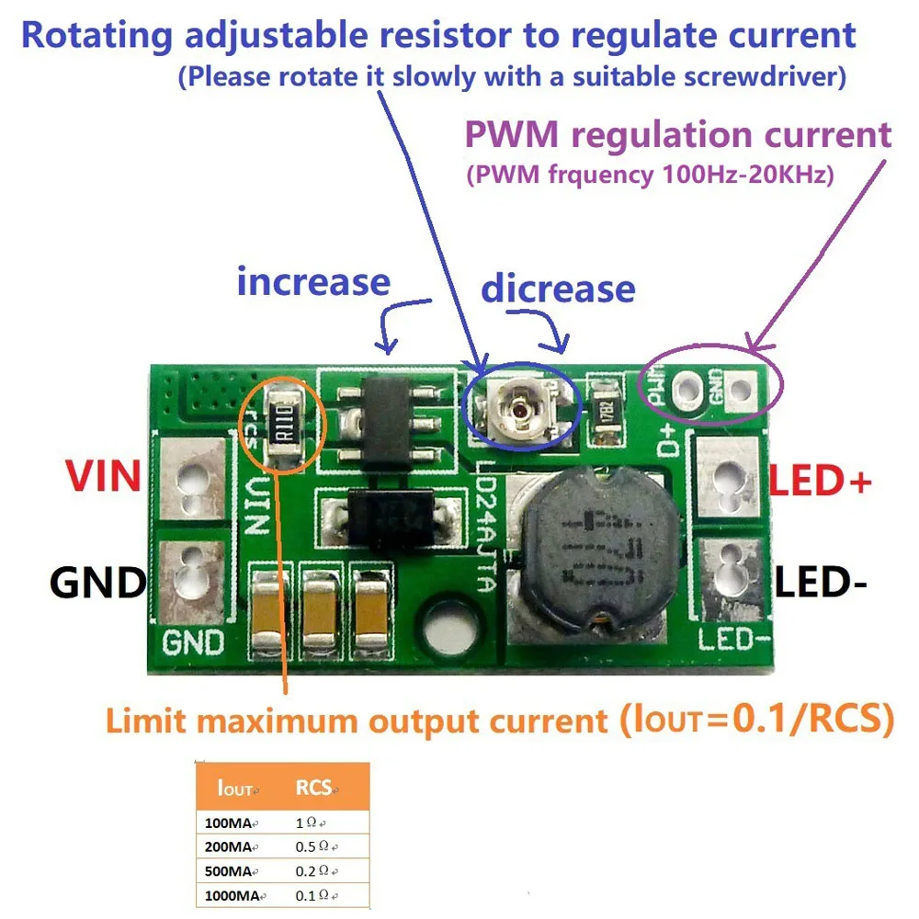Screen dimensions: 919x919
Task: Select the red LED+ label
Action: (x=820, y=482)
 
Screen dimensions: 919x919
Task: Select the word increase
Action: (x=313, y=281)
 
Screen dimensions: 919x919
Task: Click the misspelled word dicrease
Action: (x=558, y=289)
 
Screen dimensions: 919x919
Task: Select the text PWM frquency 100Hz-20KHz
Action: (x=650, y=174)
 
